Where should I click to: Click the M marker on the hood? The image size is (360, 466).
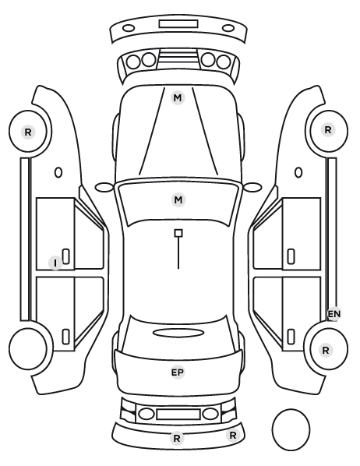[x=178, y=97]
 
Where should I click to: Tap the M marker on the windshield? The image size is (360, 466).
[x=178, y=199]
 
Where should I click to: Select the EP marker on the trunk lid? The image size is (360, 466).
[x=178, y=372]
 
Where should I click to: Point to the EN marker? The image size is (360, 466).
[x=334, y=314]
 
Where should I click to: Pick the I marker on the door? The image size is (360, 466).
[x=55, y=263]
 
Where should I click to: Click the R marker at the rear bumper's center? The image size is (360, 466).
[x=177, y=438]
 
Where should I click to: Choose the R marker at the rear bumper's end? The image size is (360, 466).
[x=233, y=436]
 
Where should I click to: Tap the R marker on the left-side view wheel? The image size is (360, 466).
[x=28, y=132]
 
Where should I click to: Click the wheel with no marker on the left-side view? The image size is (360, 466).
[x=28, y=348]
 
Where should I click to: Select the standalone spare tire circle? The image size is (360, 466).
[x=291, y=429]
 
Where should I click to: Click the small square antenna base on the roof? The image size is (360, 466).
[x=178, y=233]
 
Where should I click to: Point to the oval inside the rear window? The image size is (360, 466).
[x=178, y=334]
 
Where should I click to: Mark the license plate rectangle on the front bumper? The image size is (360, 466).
[x=178, y=24]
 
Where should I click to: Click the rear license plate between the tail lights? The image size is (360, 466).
[x=178, y=415]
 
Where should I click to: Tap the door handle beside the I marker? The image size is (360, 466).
[x=66, y=256]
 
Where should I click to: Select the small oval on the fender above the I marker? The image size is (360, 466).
[x=58, y=172]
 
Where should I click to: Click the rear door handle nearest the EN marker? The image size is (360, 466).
[x=291, y=337]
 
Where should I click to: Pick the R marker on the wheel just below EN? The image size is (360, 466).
[x=326, y=350]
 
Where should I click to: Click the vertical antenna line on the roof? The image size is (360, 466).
[x=178, y=253]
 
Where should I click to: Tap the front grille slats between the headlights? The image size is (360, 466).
[x=178, y=58]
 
